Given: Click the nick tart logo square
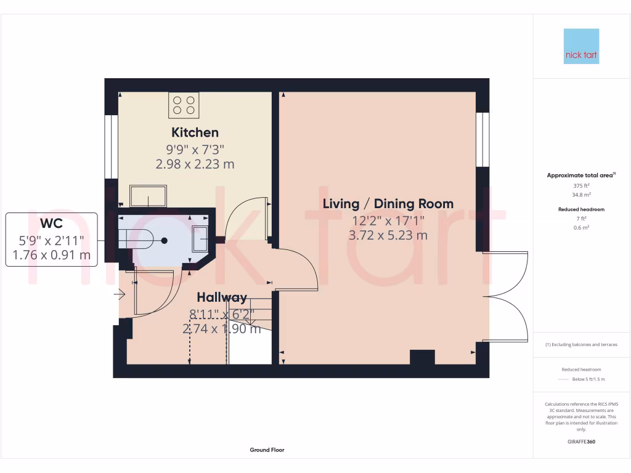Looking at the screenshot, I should (581, 46).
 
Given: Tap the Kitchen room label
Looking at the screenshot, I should (195, 132).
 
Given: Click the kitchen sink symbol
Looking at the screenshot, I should (148, 196).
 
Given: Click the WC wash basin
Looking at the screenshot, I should (202, 238).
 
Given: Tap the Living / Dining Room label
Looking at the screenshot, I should (388, 204).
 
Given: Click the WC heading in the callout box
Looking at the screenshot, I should (51, 224).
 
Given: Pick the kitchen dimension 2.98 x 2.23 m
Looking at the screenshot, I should (195, 164).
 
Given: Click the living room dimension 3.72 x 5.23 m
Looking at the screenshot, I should (388, 235).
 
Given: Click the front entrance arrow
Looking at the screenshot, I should (119, 296).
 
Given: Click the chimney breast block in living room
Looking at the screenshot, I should (422, 357).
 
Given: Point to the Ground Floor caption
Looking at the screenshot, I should (267, 450).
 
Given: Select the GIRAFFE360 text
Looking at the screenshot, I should (581, 442).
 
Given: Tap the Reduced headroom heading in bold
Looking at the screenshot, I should (581, 209).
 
